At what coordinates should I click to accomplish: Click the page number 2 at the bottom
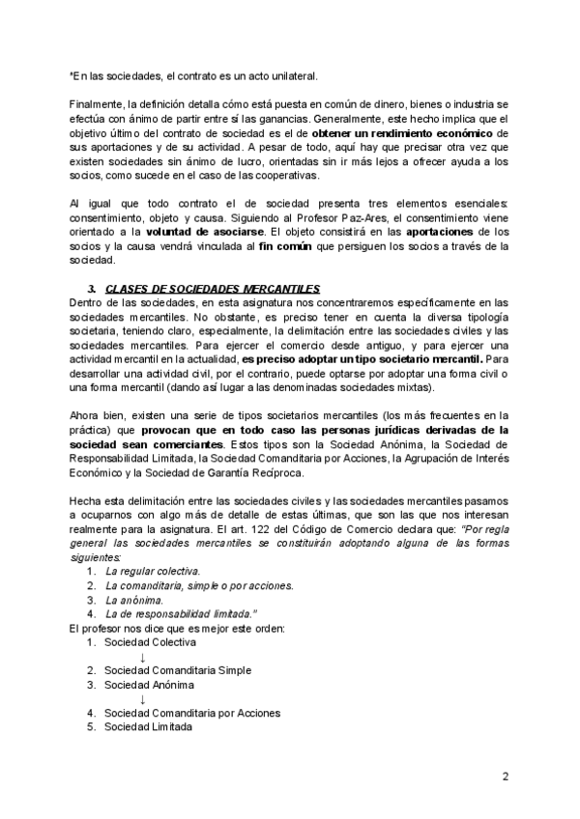point(505,776)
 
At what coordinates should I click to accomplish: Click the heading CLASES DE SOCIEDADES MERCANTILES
point(212,289)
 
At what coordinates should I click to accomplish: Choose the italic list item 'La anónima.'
point(134,600)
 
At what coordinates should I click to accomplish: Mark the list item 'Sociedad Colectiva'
point(150,642)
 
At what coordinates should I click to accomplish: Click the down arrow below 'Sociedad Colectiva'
point(142,657)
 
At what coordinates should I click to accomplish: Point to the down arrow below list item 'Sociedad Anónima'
point(142,699)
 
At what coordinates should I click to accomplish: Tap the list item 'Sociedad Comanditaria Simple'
point(178,670)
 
